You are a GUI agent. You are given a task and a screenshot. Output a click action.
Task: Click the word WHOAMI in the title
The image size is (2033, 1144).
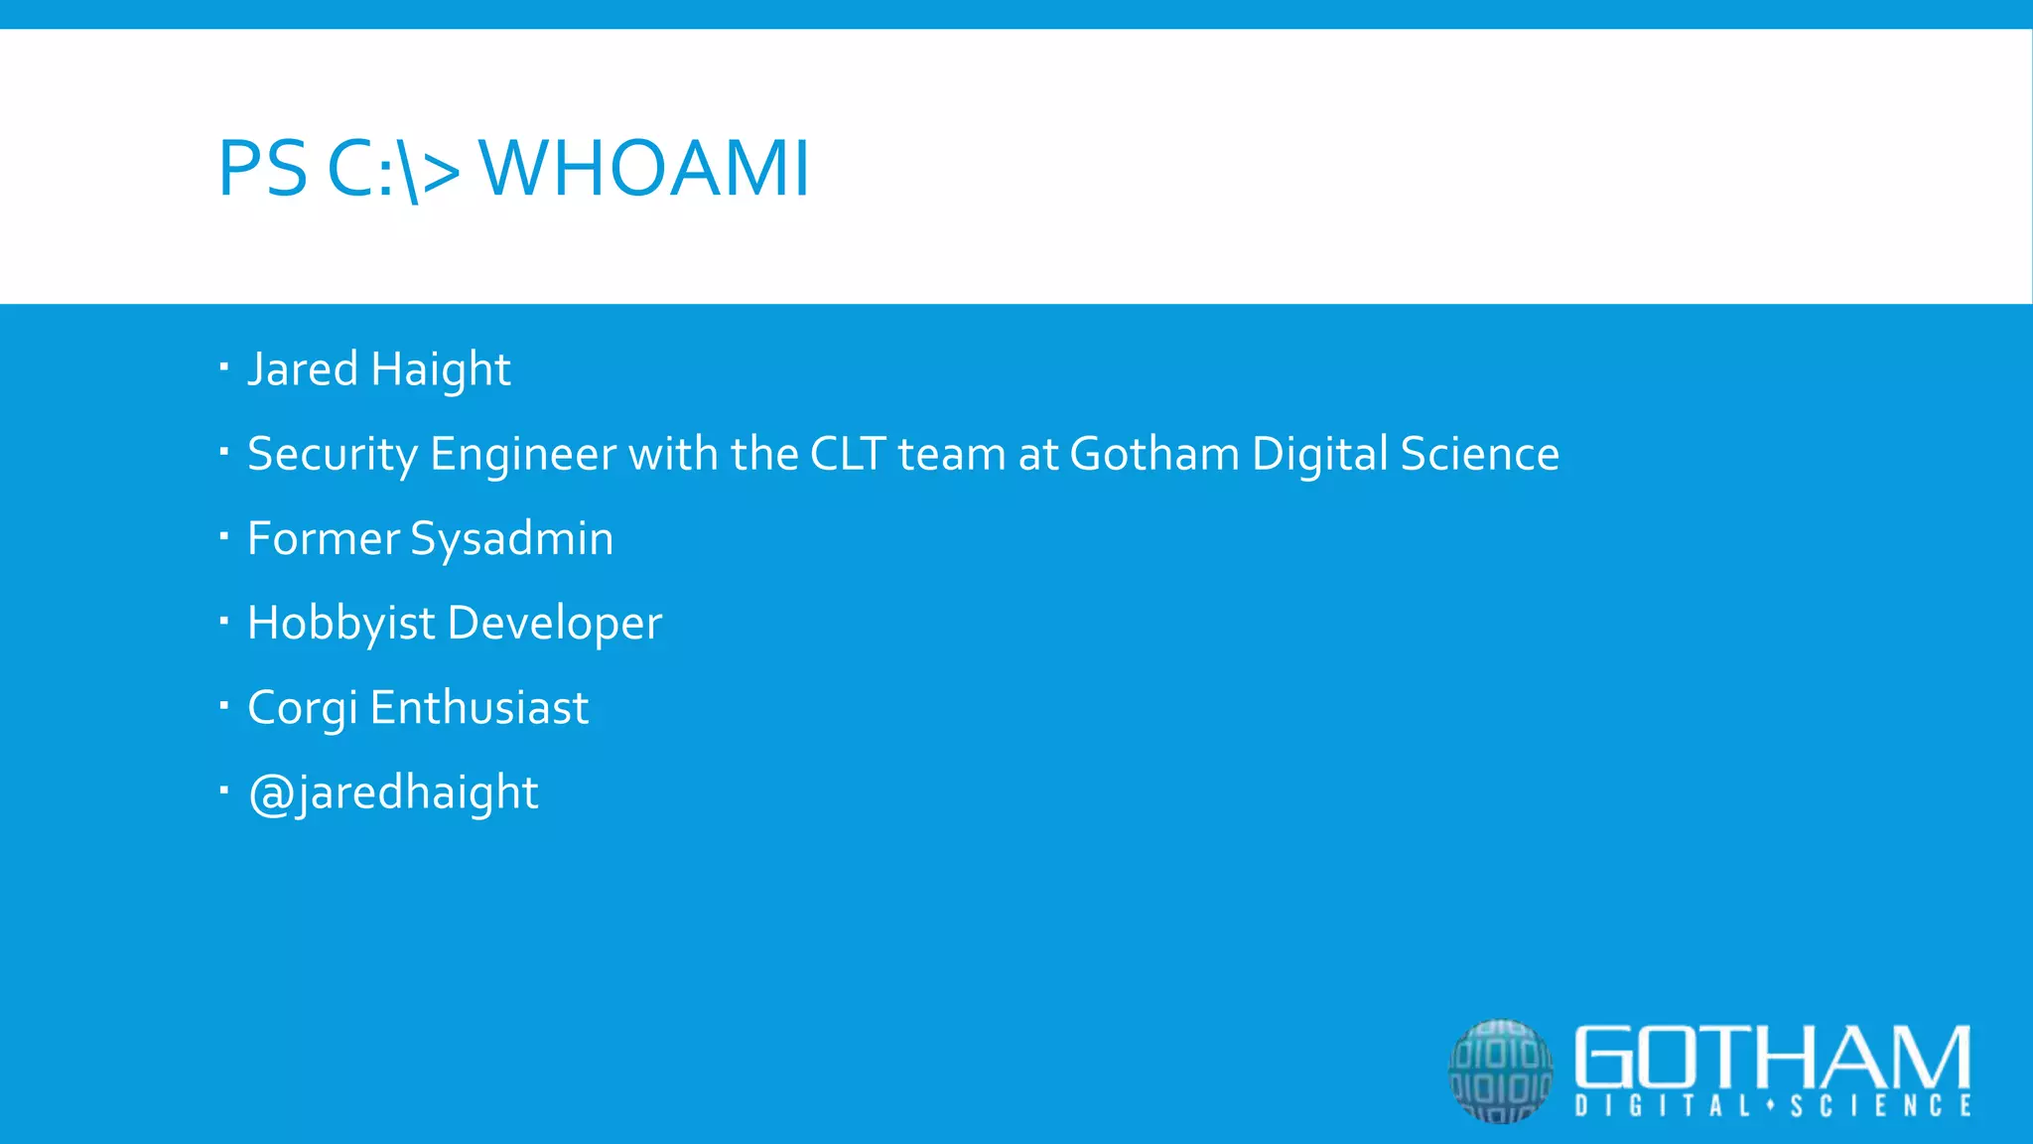[x=644, y=169]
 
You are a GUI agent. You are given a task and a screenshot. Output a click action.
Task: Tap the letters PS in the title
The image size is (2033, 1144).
[x=262, y=169]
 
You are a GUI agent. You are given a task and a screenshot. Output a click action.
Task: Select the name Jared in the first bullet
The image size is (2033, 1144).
[x=303, y=369]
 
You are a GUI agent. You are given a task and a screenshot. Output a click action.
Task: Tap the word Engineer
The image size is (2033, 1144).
[x=523, y=455]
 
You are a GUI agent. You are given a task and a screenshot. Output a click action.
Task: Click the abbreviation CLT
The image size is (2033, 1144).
[x=848, y=454]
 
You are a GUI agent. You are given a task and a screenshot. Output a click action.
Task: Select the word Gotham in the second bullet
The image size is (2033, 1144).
[x=1154, y=454]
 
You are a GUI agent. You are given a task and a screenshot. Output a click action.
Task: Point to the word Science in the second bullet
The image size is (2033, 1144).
[x=1479, y=454]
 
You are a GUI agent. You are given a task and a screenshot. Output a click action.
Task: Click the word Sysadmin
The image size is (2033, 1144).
[x=511, y=540]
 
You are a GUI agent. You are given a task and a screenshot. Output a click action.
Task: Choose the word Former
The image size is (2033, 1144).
[x=323, y=538]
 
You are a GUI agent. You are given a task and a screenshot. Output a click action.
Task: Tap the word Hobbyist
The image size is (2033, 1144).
[x=340, y=625]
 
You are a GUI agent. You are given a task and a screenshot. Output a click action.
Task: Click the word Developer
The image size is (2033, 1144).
[x=554, y=625]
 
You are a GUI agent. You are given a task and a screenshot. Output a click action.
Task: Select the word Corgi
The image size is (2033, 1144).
[x=302, y=709]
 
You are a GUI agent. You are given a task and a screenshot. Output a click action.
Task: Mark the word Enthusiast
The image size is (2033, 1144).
[x=478, y=708]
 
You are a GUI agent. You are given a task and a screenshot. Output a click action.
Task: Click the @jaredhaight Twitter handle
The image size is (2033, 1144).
[x=393, y=793]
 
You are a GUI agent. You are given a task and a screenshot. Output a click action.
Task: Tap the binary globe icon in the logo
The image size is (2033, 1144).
[x=1500, y=1071]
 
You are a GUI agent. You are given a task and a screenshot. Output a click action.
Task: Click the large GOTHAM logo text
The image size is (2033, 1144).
[x=1772, y=1057]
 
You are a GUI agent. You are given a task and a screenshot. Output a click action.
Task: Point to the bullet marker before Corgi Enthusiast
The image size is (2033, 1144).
[x=224, y=706]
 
